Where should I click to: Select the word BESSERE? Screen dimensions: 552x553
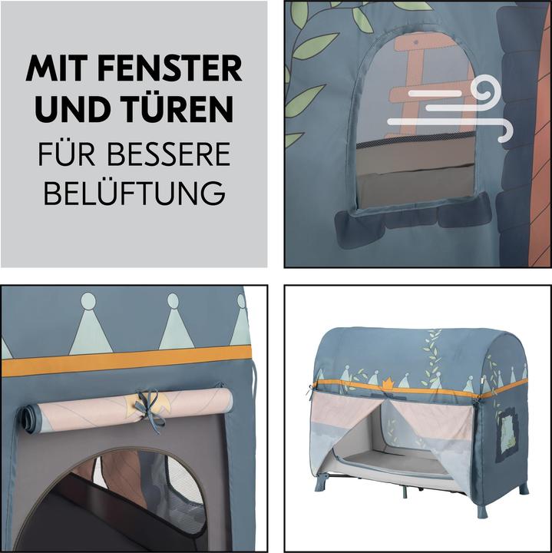point(169,154)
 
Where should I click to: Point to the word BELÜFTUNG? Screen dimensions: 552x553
point(134,194)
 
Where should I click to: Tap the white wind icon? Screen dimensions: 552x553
point(450,109)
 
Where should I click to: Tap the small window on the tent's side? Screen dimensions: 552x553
point(507,435)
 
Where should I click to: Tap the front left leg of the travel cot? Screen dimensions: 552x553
point(321,483)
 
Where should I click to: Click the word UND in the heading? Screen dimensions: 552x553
point(73,108)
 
